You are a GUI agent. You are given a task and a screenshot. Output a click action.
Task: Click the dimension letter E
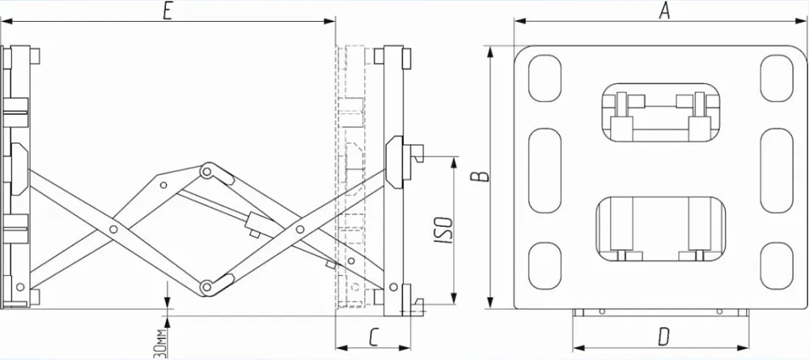167,11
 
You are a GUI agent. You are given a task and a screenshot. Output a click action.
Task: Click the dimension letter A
664,11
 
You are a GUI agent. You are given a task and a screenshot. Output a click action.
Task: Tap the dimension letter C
375,338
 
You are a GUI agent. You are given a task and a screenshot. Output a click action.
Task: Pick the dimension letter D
664,338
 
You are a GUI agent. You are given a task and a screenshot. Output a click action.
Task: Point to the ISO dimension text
443,230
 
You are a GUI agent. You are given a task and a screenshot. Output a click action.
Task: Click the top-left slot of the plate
544,78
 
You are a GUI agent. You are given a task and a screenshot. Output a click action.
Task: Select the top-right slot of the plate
777,78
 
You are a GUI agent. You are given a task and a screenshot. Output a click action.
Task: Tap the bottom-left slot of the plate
544,265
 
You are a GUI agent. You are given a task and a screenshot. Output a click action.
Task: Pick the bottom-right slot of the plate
777,265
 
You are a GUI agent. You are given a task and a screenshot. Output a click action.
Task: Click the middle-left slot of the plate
544,171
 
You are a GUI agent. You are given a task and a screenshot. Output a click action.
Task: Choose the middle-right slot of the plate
777,171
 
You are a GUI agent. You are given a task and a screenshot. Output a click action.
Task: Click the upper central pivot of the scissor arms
207,172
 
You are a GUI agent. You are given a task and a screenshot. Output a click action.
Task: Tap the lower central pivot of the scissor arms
207,286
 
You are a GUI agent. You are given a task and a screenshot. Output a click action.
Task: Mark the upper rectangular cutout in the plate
661,112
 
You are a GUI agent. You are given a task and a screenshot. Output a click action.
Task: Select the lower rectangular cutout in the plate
661,228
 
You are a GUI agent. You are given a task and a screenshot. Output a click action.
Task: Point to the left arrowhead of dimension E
6,21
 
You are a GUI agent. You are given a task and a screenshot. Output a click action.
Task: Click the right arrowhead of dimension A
802,21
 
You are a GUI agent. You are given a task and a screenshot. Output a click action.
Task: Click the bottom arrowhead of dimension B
491,303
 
